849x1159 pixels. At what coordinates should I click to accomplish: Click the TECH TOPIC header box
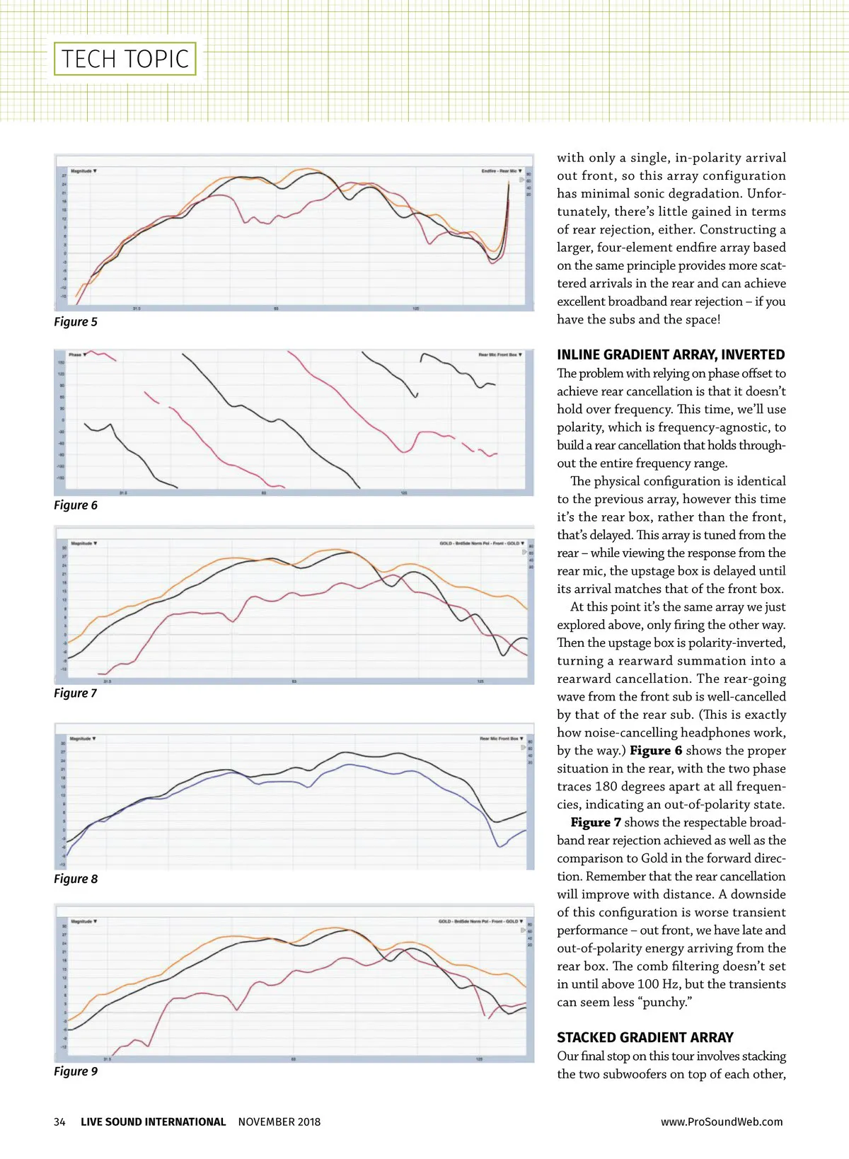125,59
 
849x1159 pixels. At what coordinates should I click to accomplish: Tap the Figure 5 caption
76,322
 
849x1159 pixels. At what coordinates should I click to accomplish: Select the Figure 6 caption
76,505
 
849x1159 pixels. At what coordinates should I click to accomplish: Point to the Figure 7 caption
76,693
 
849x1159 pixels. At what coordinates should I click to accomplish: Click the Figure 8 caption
76,879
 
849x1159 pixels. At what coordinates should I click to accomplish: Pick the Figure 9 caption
76,1071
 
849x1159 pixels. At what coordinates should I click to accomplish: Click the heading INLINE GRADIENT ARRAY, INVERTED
671,355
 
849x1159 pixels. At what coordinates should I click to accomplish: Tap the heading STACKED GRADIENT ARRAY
645,1038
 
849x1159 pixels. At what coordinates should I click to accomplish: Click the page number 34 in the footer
60,1122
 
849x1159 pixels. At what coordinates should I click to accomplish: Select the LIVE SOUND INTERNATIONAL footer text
153,1122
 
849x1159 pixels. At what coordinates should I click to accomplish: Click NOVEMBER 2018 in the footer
279,1122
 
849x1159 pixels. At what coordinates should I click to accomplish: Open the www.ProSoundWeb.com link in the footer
722,1122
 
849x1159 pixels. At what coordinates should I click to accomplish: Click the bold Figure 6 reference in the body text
656,751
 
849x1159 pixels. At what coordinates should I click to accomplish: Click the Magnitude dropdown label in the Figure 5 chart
83,171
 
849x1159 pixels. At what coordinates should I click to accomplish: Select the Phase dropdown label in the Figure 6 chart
77,354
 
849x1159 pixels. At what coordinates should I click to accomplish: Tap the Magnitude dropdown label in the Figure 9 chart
83,921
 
